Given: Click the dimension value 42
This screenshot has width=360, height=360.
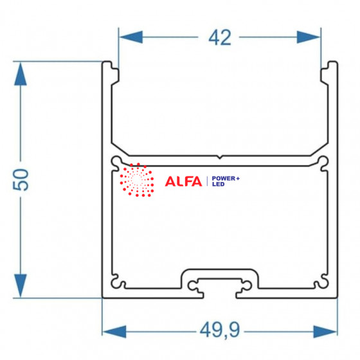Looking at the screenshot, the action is click(x=220, y=38).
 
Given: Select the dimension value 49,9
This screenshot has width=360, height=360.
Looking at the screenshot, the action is click(x=220, y=330).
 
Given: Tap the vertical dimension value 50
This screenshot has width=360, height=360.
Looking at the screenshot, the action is click(x=21, y=179).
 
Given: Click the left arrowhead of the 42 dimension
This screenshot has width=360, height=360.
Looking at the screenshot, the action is click(x=131, y=37).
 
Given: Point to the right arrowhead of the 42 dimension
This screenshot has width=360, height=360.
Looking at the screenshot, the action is click(x=308, y=37).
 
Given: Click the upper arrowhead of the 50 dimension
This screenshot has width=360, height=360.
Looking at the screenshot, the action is click(x=21, y=74).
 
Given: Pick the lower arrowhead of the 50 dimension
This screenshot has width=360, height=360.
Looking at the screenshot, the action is click(x=21, y=285).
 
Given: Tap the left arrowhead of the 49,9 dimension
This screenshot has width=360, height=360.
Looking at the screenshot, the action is click(x=114, y=332).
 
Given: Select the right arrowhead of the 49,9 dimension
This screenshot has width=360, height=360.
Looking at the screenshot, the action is click(x=325, y=332).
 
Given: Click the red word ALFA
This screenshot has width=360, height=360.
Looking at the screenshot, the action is click(x=183, y=181).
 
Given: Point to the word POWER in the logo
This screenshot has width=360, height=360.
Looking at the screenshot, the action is click(x=224, y=179).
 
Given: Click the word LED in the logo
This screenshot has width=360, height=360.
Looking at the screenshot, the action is click(x=218, y=184).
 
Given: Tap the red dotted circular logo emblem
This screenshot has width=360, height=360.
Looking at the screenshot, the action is click(x=137, y=180).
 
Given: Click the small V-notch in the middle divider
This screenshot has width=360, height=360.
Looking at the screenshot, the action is click(x=220, y=157).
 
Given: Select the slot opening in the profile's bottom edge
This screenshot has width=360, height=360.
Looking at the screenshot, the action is click(x=220, y=295).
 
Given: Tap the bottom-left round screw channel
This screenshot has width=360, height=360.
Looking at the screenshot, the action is click(x=116, y=282).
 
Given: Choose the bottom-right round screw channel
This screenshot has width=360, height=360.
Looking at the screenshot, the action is click(x=323, y=282).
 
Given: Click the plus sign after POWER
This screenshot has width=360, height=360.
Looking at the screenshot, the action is click(x=238, y=179).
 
